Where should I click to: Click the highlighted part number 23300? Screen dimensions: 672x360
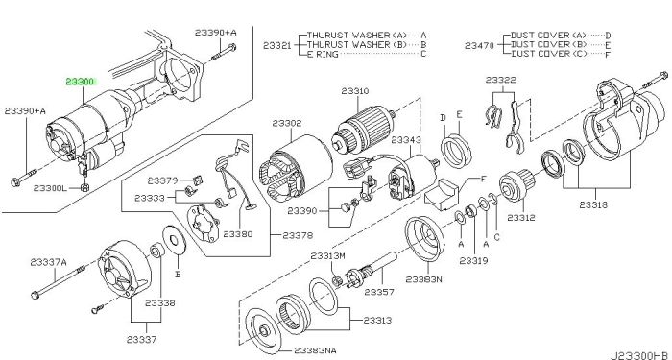click(81, 82)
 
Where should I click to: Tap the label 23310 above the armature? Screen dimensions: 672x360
click(355, 91)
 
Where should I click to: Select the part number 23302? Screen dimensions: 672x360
click(287, 123)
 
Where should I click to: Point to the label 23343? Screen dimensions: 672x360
click(406, 140)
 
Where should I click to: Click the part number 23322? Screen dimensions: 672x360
click(500, 80)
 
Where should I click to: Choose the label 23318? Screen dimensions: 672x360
click(593, 204)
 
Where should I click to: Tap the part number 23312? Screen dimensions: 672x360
click(521, 218)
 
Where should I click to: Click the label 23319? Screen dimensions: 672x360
click(473, 260)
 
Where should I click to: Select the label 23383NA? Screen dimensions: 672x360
click(315, 350)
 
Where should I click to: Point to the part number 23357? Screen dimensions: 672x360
click(379, 292)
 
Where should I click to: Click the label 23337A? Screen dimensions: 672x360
click(48, 262)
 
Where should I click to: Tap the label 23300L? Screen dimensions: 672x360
click(51, 188)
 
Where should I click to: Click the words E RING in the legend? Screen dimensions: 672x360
click(323, 54)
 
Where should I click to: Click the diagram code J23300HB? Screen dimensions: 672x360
click(639, 356)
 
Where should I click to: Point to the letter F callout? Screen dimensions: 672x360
click(484, 180)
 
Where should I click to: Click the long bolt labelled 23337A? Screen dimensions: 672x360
click(59, 280)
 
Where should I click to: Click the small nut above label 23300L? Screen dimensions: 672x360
click(84, 187)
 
